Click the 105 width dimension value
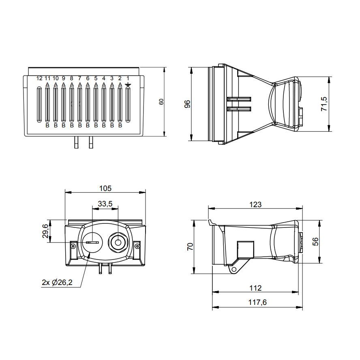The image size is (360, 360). pyautogui.click(x=105, y=188)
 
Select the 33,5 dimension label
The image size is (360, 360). pyautogui.click(x=105, y=204)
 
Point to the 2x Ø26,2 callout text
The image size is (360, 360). pyautogui.click(x=57, y=283)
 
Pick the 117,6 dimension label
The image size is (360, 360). pyautogui.click(x=257, y=302)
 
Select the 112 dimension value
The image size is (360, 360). pyautogui.click(x=255, y=288)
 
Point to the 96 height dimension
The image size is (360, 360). pyautogui.click(x=187, y=104)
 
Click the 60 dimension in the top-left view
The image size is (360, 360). pyautogui.click(x=161, y=102)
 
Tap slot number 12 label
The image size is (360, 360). pyautogui.click(x=39, y=78)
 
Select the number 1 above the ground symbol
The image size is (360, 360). pyautogui.click(x=128, y=78)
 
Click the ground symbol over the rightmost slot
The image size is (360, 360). pyautogui.click(x=128, y=84)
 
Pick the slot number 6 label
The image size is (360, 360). pyautogui.click(x=88, y=78)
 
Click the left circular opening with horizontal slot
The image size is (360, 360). pyautogui.click(x=92, y=242)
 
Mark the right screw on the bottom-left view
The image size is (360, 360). pyautogui.click(x=138, y=245)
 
